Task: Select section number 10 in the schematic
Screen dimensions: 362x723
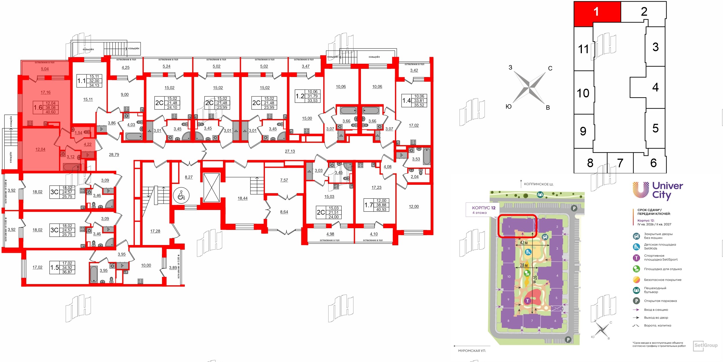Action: pos(583,93)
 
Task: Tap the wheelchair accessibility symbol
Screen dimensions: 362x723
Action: pos(181,195)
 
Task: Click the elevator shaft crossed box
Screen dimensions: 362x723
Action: pos(211,187)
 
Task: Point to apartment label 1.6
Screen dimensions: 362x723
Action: pos(38,107)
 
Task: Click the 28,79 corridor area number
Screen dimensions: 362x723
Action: pos(114,155)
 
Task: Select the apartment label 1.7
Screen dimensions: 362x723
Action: pos(368,205)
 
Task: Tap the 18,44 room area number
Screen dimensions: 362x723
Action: pos(242,198)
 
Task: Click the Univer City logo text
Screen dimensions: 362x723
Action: pos(667,190)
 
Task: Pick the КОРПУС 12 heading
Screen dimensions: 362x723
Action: pos(484,208)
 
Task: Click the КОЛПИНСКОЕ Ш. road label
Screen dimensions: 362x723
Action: pos(538,184)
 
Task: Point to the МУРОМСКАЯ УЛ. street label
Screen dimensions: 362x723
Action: pos(472,351)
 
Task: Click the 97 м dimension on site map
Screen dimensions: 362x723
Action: pos(535,279)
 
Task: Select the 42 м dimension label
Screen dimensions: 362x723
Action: pos(524,243)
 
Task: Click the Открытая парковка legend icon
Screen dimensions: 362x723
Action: pos(636,301)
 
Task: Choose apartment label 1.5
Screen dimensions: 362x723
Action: pos(54,268)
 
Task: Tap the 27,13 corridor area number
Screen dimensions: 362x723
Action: pos(290,151)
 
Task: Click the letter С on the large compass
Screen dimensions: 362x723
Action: pos(550,68)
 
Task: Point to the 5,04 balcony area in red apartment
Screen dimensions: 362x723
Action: pos(45,69)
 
